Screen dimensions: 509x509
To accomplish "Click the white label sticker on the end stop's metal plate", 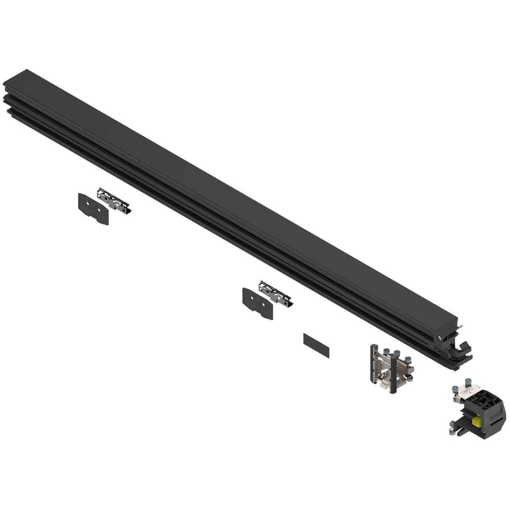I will (466, 390).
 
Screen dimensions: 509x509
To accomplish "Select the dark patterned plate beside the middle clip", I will (255, 301).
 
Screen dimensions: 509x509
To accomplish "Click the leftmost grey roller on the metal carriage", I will (388, 350).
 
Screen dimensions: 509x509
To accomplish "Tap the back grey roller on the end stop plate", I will (468, 381).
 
